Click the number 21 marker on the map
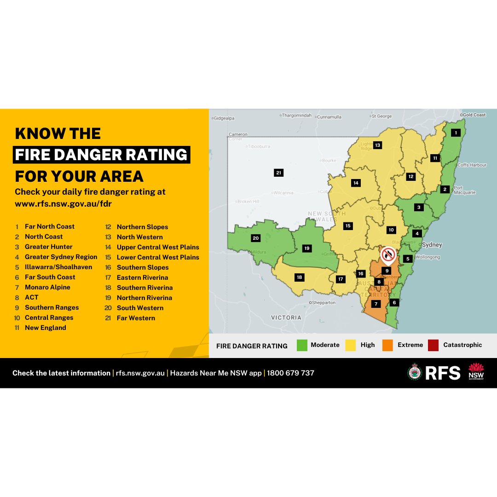coord(278,173)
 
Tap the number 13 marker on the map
coord(377,145)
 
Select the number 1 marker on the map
coord(456,133)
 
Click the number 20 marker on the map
coord(256,238)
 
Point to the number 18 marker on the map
coord(299,277)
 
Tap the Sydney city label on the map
coord(431,245)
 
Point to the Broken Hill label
coord(248,202)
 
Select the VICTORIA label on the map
coord(286,318)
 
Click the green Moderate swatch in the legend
coord(302,345)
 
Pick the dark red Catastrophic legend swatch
coord(433,345)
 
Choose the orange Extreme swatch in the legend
coord(387,345)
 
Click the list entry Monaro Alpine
coord(47,287)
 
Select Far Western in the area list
coord(136,318)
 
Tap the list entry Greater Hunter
coord(49,247)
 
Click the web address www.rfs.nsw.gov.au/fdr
coord(64,203)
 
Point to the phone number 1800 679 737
coord(291,373)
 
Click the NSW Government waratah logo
coord(476,372)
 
